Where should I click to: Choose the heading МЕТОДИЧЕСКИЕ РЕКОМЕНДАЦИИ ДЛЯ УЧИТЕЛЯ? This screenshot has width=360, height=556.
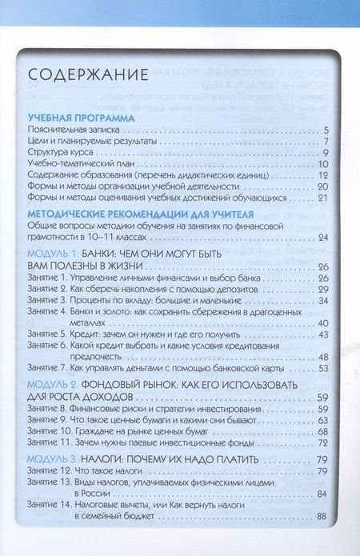141,214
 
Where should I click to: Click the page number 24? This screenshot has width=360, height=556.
324,238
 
